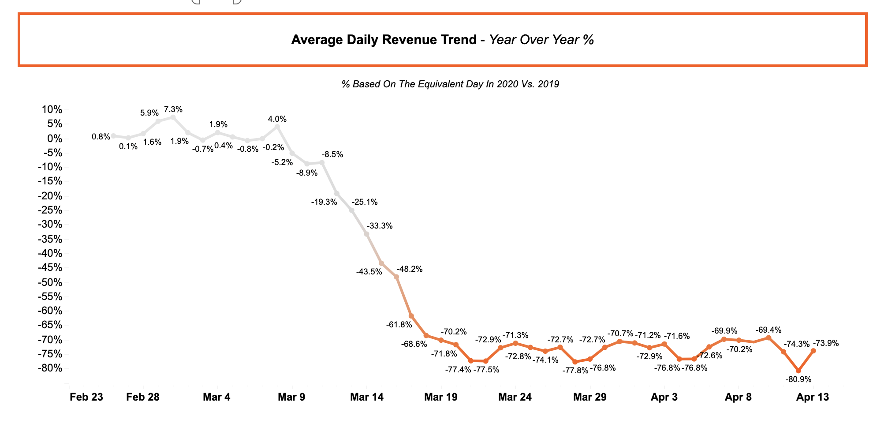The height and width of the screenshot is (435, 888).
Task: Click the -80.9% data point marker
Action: click(x=798, y=371)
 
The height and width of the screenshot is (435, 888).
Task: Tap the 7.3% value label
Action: click(x=173, y=109)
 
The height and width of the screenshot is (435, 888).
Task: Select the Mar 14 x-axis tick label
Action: click(x=366, y=397)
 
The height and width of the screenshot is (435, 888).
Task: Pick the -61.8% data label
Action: click(x=399, y=325)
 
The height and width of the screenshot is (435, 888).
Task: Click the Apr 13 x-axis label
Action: click(x=812, y=397)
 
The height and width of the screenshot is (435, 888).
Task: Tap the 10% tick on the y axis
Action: click(x=52, y=109)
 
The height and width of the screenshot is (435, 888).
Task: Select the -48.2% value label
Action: click(x=410, y=269)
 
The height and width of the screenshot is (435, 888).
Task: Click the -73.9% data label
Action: click(x=826, y=343)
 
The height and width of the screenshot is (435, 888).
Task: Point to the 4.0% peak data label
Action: click(x=277, y=119)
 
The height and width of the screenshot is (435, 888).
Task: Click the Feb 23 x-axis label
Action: click(x=86, y=397)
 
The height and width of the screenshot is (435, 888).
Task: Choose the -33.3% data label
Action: click(x=380, y=226)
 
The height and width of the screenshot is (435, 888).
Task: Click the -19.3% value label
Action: click(x=324, y=202)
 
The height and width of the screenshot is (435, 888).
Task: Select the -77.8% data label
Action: click(x=575, y=371)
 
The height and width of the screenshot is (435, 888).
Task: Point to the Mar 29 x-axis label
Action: click(x=590, y=397)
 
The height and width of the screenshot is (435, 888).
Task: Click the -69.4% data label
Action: click(x=769, y=330)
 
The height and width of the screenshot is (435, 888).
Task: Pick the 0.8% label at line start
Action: click(x=101, y=137)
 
